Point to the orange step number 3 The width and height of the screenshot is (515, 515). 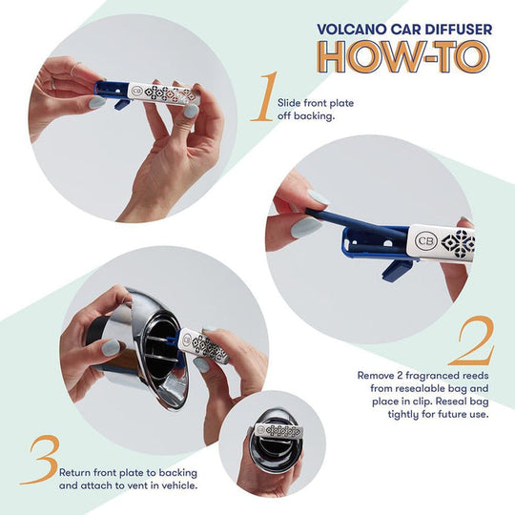click(37, 460)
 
